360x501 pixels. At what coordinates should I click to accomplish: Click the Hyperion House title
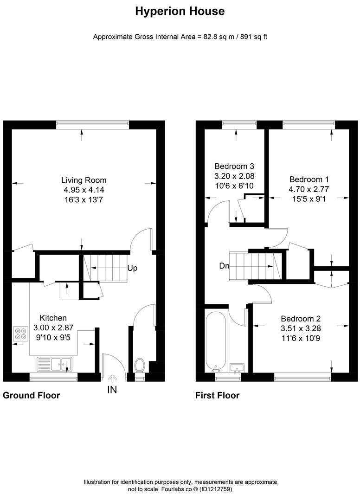(180, 12)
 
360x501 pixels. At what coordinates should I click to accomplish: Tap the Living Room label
(84, 180)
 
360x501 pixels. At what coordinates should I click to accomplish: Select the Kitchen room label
(53, 318)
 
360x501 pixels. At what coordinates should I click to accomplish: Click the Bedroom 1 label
(309, 180)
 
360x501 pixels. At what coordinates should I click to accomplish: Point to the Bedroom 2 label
(301, 319)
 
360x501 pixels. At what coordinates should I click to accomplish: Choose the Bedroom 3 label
(234, 166)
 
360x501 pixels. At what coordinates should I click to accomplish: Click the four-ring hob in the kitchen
(21, 334)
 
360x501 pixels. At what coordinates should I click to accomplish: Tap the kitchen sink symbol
(53, 364)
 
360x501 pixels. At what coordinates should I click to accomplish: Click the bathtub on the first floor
(217, 341)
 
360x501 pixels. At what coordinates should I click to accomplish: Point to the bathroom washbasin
(238, 367)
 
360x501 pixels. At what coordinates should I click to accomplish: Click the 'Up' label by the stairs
(132, 268)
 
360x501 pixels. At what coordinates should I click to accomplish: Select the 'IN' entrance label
(112, 389)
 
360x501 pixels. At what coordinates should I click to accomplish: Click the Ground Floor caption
(32, 395)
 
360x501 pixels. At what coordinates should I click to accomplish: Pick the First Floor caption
(217, 395)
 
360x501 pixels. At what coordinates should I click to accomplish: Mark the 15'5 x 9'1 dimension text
(309, 198)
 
